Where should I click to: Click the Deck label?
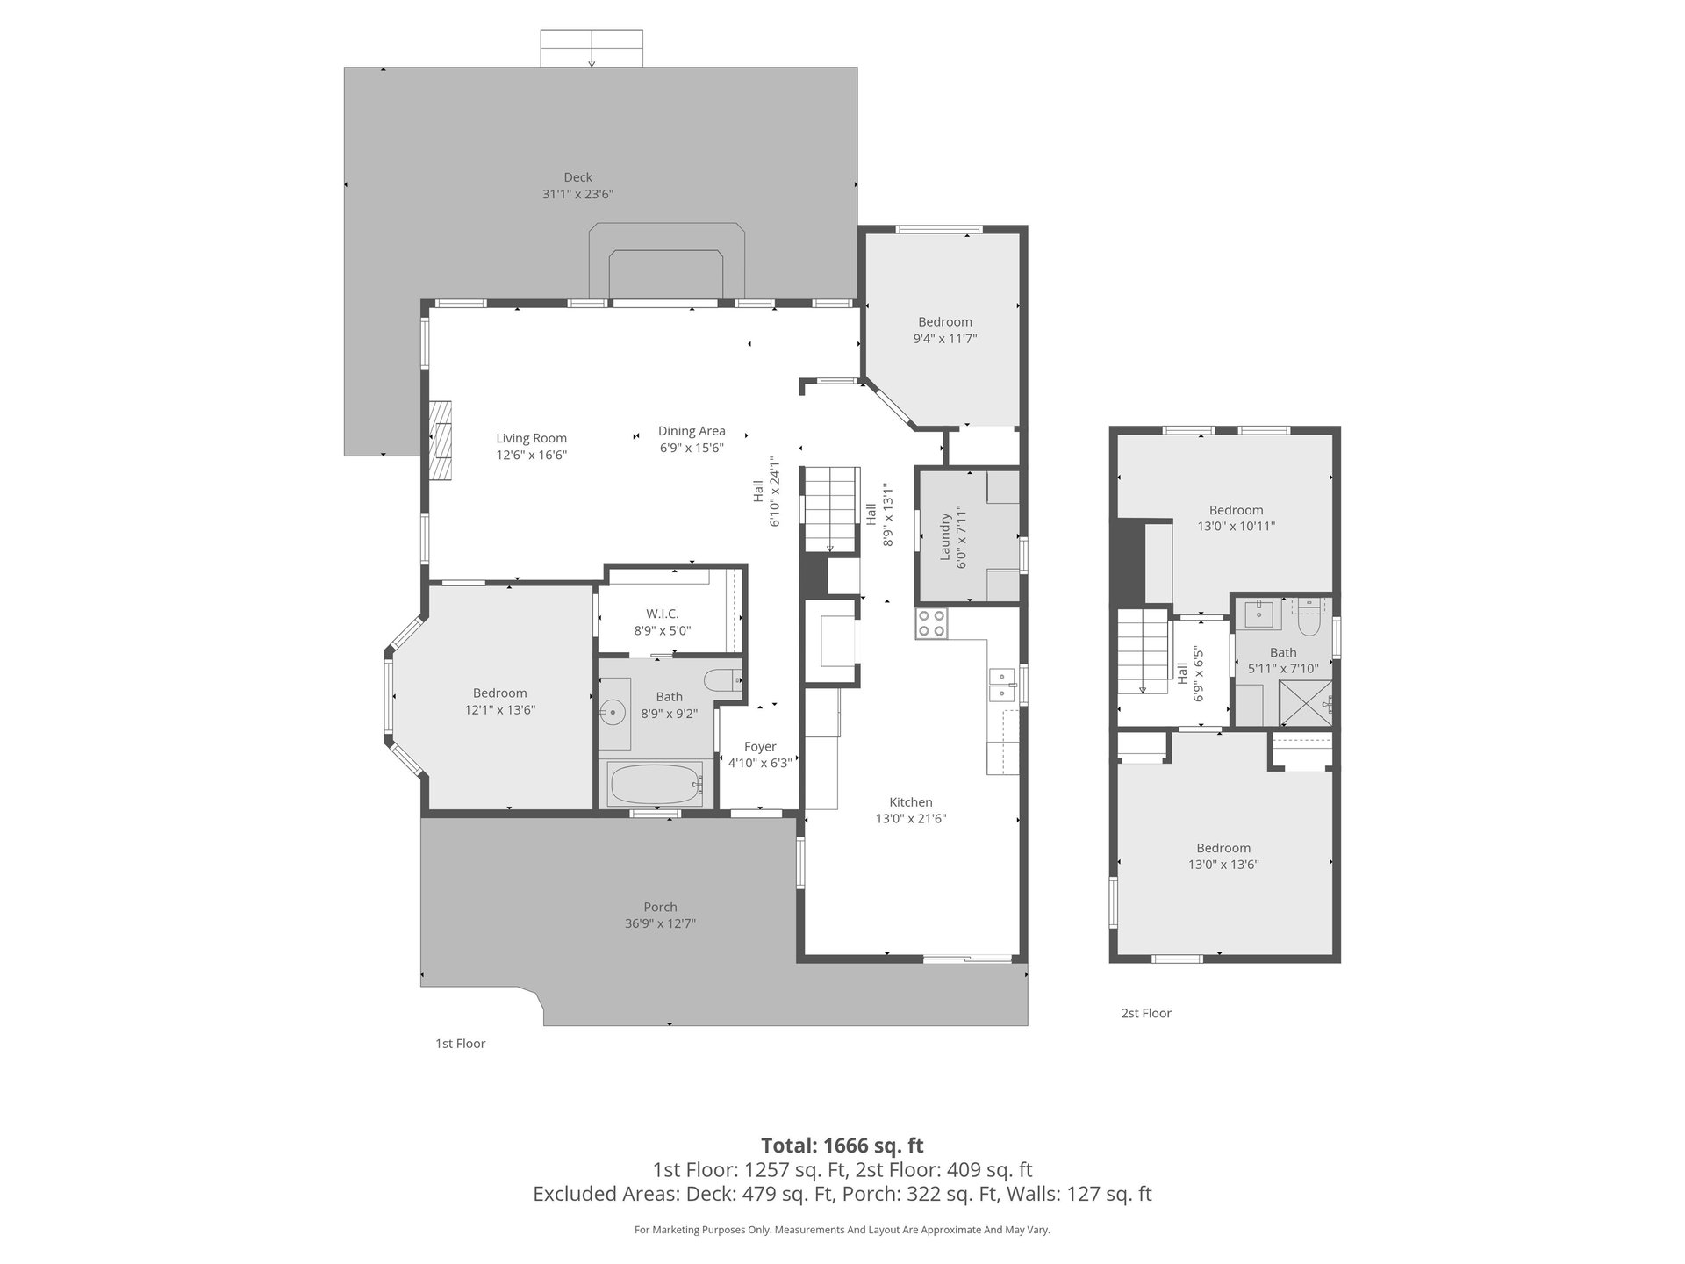click(577, 177)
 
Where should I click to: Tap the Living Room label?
click(532, 438)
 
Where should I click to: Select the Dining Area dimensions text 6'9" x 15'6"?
click(692, 448)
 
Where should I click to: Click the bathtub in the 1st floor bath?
click(656, 784)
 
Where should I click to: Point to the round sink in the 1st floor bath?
click(613, 711)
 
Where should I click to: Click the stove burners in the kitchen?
click(932, 622)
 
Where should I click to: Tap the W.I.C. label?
click(663, 614)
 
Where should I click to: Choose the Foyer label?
click(760, 747)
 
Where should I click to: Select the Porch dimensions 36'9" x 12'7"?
click(660, 923)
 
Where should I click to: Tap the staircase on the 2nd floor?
click(1144, 651)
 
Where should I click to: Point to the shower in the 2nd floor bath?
click(1306, 703)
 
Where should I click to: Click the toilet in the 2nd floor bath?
click(1309, 621)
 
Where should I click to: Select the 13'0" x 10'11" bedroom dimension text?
click(1237, 527)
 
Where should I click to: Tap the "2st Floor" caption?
click(1146, 1013)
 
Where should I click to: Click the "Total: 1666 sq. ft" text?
click(842, 1145)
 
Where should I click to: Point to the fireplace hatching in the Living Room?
click(440, 442)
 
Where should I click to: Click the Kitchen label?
click(911, 802)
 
